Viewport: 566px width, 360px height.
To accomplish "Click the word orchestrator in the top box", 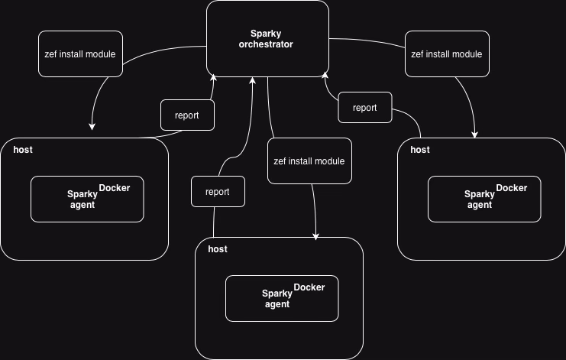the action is (x=266, y=44).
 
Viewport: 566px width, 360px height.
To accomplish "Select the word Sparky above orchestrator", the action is (x=266, y=34).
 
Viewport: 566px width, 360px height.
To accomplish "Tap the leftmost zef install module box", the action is (x=80, y=54).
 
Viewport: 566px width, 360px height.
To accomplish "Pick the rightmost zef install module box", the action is (x=448, y=54).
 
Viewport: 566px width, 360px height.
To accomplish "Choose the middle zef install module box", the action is (x=309, y=161).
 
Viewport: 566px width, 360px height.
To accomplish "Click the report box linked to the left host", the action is (x=187, y=115).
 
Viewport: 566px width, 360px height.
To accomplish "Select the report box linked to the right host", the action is (x=365, y=107).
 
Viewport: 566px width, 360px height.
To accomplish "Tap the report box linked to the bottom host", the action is (x=218, y=191).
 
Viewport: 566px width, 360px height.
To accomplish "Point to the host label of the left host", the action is (x=23, y=150).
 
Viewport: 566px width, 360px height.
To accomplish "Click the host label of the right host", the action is (x=420, y=150).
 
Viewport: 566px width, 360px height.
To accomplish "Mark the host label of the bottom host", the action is (x=218, y=248).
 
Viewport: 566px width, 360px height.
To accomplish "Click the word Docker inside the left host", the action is (x=115, y=188).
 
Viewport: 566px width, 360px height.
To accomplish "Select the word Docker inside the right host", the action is (x=512, y=188).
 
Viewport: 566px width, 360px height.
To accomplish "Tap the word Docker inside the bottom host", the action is (x=309, y=287).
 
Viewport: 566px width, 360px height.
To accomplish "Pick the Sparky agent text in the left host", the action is (x=82, y=199).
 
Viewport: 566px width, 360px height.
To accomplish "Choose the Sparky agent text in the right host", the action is (x=480, y=199).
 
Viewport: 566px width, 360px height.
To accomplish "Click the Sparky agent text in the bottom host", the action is (x=277, y=299).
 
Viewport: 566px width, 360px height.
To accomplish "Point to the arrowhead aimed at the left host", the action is (x=92, y=126).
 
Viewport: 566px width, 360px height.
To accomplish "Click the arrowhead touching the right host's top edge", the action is (x=474, y=135).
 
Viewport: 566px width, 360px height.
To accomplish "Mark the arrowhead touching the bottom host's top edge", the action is (x=316, y=236).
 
